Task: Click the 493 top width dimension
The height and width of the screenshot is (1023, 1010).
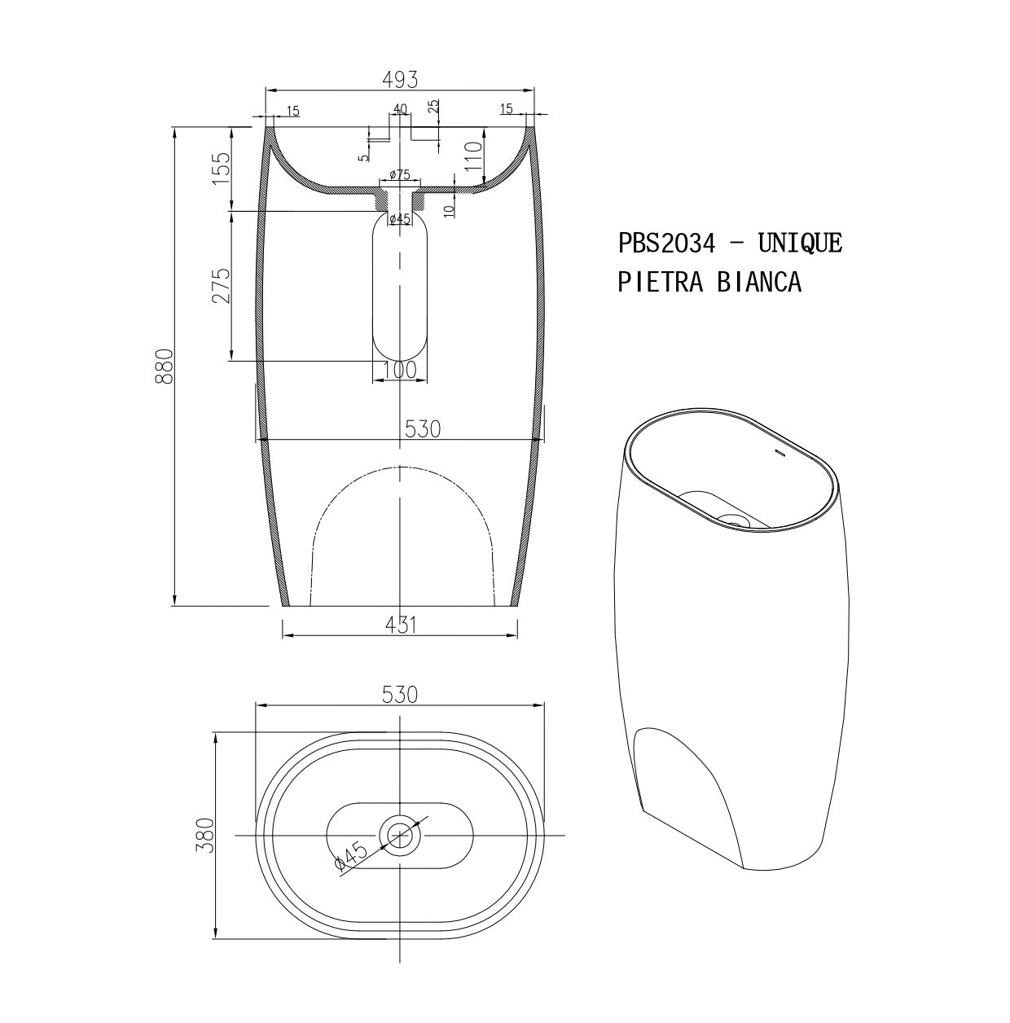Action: [400, 80]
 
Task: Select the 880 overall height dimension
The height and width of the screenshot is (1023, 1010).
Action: [165, 366]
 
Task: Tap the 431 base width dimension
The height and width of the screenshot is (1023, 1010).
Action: [400, 625]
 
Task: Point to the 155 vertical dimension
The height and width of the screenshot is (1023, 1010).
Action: [221, 169]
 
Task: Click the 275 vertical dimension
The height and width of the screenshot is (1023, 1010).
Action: [221, 285]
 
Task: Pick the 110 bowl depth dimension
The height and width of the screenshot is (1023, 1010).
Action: [473, 155]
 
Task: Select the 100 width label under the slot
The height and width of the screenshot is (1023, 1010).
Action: [400, 370]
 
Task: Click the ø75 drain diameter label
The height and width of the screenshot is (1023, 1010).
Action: [399, 175]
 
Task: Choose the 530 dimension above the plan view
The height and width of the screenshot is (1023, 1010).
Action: [400, 694]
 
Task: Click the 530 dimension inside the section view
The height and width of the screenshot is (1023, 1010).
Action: [423, 428]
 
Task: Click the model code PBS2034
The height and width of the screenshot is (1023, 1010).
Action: [666, 243]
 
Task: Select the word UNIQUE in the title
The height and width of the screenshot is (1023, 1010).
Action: [799, 243]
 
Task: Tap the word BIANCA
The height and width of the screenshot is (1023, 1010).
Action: [759, 281]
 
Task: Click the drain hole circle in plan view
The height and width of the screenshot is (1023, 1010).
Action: [400, 835]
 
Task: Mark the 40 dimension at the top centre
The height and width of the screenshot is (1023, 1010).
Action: [400, 109]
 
